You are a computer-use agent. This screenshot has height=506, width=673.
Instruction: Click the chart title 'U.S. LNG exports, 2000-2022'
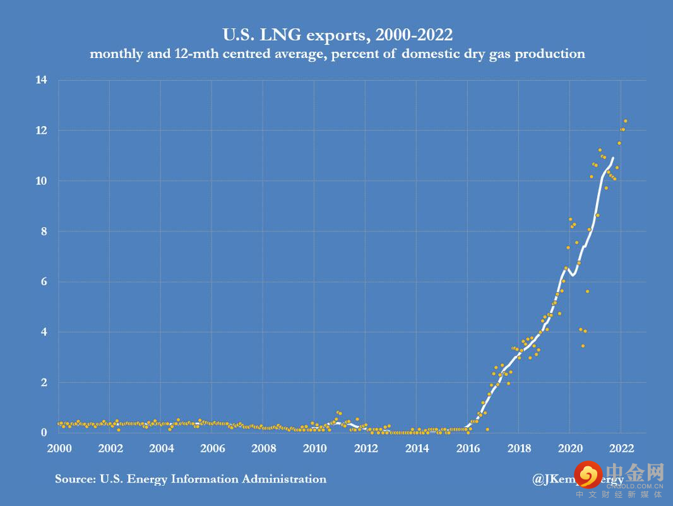(337, 33)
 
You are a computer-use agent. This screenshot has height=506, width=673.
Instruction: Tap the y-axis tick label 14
(42, 80)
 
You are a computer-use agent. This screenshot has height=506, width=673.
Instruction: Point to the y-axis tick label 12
(42, 131)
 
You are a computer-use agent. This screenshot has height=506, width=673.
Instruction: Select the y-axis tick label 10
(42, 181)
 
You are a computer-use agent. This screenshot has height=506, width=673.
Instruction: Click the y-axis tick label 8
(44, 232)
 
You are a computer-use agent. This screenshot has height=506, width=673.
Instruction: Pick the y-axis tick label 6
(44, 282)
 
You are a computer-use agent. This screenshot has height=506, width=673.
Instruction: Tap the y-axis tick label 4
(44, 332)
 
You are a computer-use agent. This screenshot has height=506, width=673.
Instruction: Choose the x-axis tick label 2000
(59, 449)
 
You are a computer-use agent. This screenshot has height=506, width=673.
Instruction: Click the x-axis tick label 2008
(263, 449)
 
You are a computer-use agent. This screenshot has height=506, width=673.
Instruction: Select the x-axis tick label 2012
(366, 449)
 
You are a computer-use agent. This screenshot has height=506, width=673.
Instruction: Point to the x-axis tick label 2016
(468, 449)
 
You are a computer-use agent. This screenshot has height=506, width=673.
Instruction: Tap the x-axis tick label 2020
(569, 449)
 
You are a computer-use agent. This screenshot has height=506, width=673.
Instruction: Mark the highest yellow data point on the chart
(626, 121)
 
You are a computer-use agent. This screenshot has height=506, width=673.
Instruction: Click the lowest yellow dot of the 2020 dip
(583, 346)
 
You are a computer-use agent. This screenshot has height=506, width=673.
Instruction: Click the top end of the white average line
(612, 158)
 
